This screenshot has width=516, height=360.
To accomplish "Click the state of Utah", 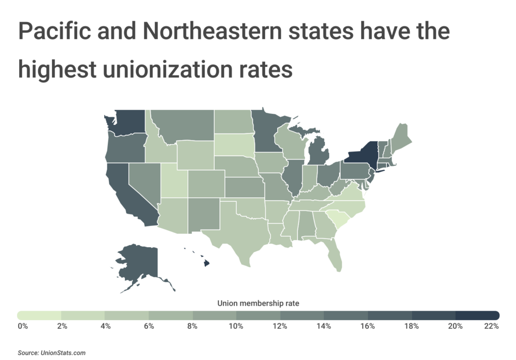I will coord(173,182).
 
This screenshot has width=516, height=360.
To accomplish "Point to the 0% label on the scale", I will coord(23,326).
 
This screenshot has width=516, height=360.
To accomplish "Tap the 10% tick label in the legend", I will coord(236,326).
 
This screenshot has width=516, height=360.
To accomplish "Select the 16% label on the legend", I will coord(368,326).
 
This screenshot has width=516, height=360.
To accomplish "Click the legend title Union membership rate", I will coord(258,304).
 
